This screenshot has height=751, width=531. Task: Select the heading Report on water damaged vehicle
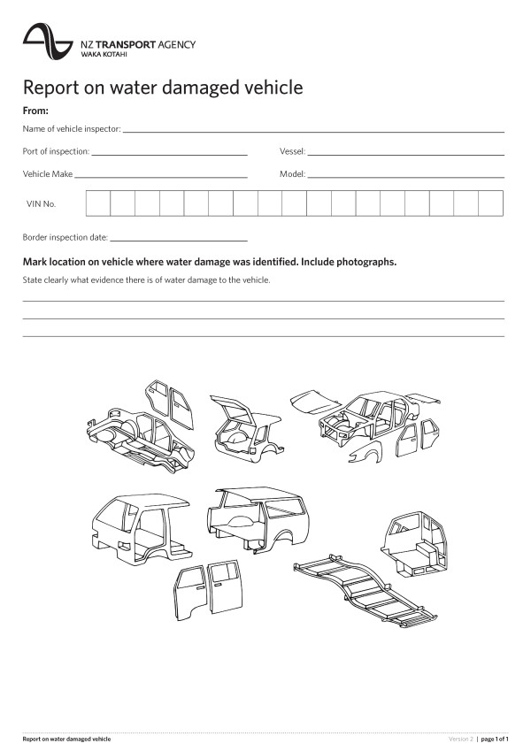click(163, 88)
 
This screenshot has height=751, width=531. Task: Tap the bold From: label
click(35, 111)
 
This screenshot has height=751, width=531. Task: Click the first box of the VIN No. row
click(98, 203)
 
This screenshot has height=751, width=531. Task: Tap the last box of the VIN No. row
click(490, 203)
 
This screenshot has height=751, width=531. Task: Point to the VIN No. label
click(42, 204)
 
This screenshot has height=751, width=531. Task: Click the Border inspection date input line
click(179, 239)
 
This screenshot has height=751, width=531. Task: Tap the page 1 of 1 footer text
click(495, 738)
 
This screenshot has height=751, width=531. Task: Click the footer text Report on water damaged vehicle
click(66, 738)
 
